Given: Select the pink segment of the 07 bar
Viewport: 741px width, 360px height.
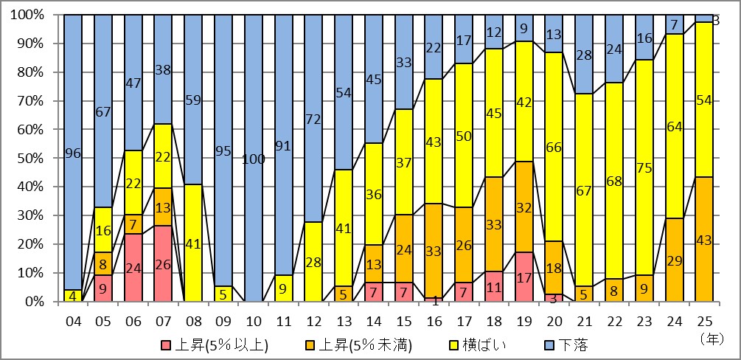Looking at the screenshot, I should click(x=163, y=264).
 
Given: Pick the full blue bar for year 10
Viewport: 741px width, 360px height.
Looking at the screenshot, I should click(x=253, y=159).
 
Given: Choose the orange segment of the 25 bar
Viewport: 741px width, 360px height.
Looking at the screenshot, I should click(x=704, y=240).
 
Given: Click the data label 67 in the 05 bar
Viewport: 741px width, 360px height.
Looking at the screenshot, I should click(x=103, y=111).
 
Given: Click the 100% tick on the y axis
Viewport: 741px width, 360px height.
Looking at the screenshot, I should click(x=28, y=15).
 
